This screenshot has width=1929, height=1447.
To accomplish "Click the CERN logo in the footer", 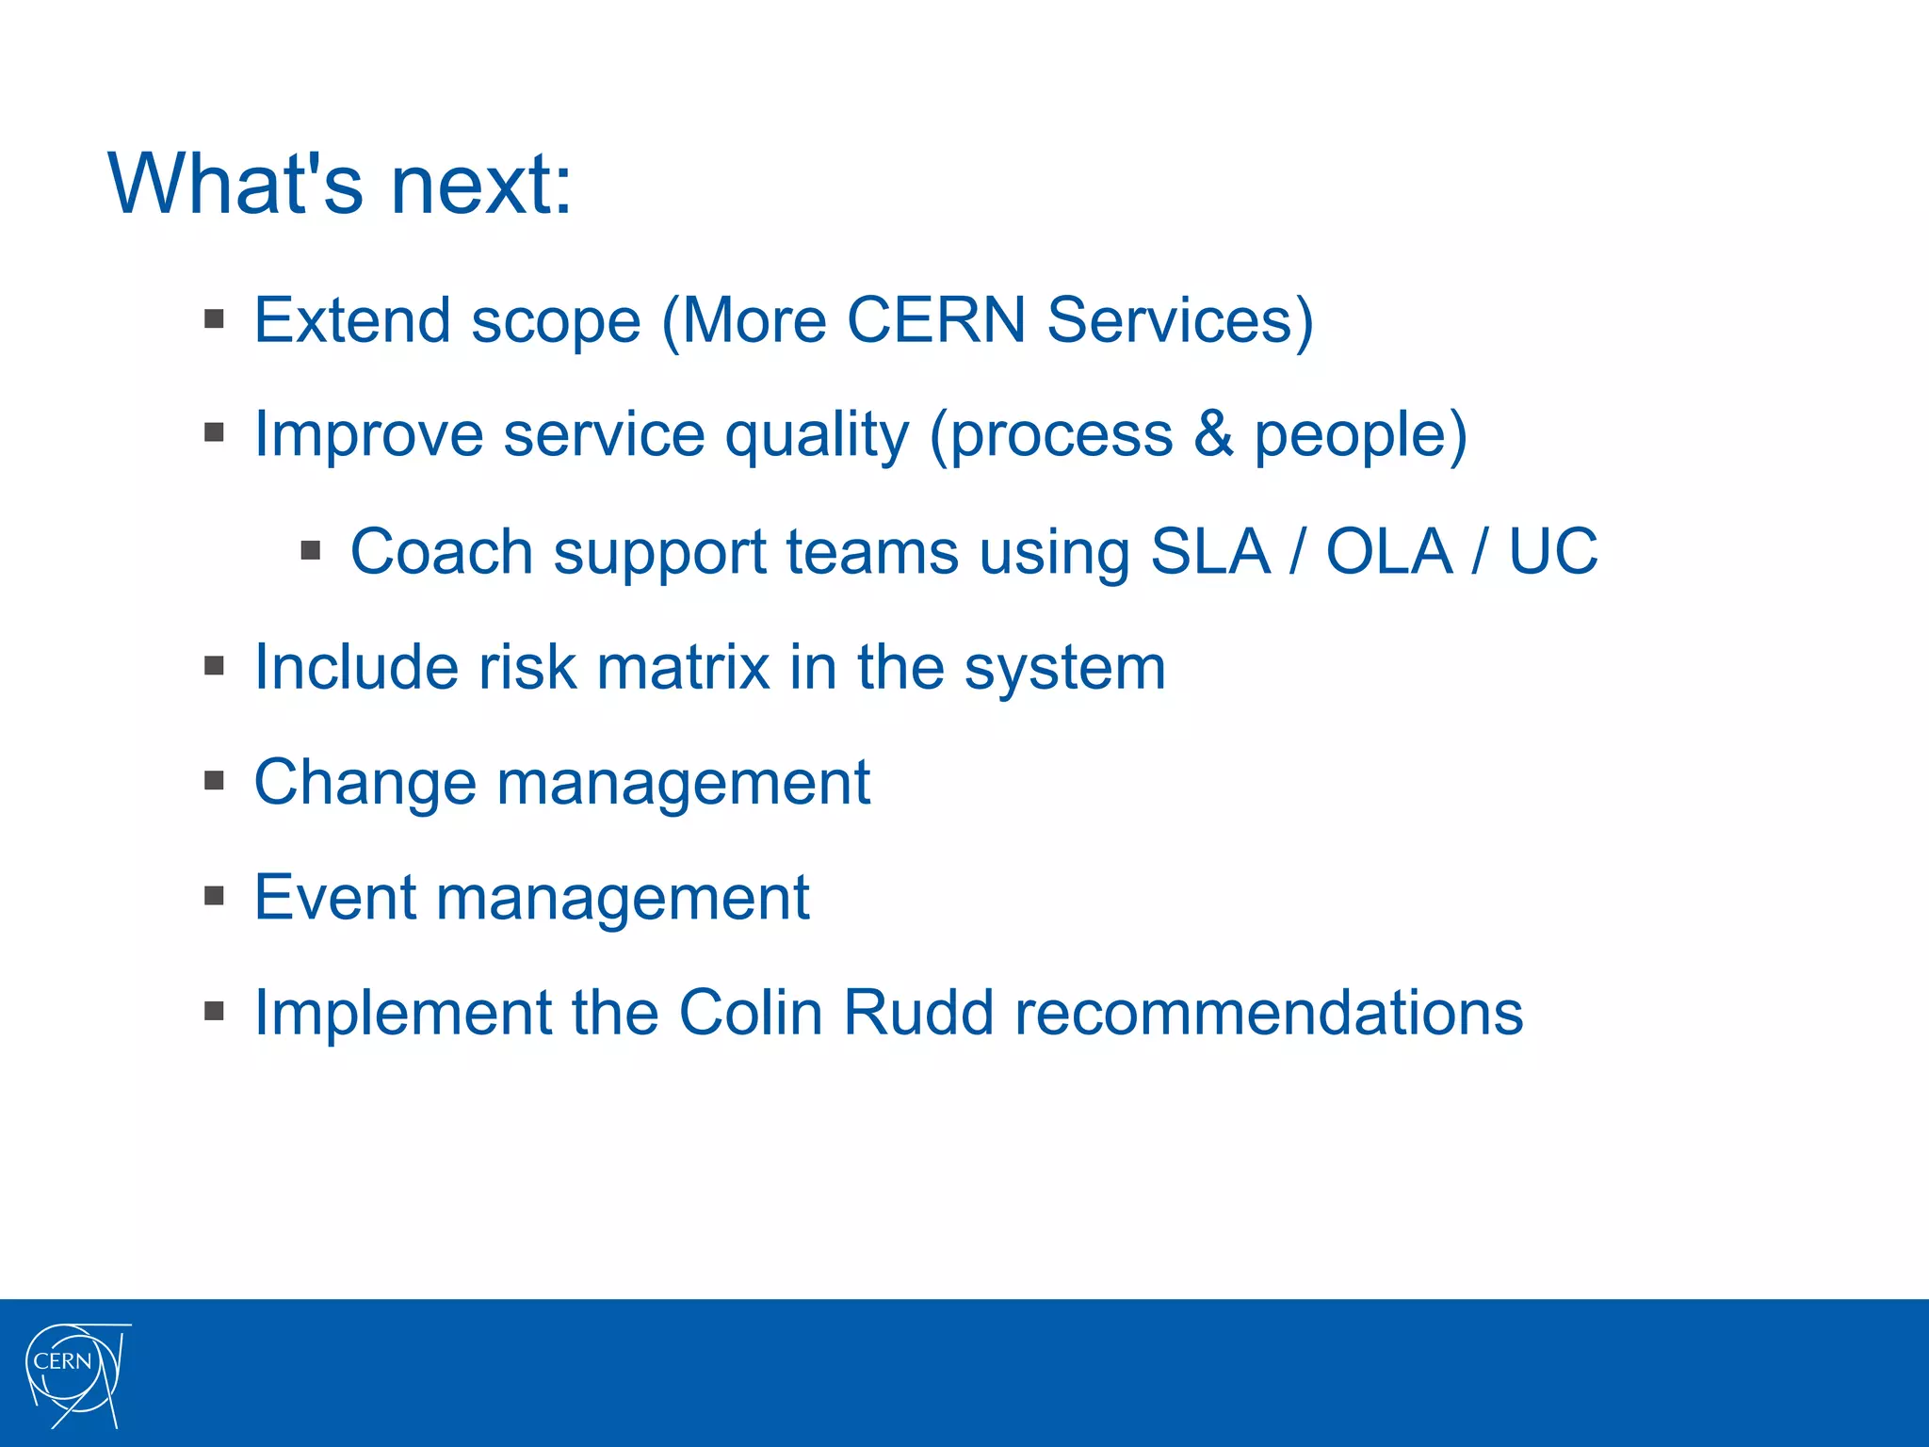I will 75,1374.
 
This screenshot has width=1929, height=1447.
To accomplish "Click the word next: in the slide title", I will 480,185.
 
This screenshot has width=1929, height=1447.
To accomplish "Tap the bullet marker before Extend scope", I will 215,318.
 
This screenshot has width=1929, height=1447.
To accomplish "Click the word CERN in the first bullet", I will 936,320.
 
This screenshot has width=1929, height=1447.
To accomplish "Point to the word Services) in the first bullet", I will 1179,320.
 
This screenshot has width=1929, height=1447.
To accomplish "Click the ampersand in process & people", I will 1213,435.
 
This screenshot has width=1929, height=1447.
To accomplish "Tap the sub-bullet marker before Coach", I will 311,550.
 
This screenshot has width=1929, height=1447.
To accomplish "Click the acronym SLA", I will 1209,551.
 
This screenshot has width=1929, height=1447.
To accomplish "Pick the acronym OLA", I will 1388,551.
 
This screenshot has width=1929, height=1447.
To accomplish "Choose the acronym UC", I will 1553,551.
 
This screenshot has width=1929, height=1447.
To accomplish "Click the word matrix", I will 684,668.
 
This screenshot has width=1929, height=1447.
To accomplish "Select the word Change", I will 365,783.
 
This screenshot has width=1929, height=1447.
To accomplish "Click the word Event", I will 335,898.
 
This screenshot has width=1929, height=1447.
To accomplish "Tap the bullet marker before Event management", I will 215,896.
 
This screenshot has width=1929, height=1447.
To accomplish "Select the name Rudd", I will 918,1014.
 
